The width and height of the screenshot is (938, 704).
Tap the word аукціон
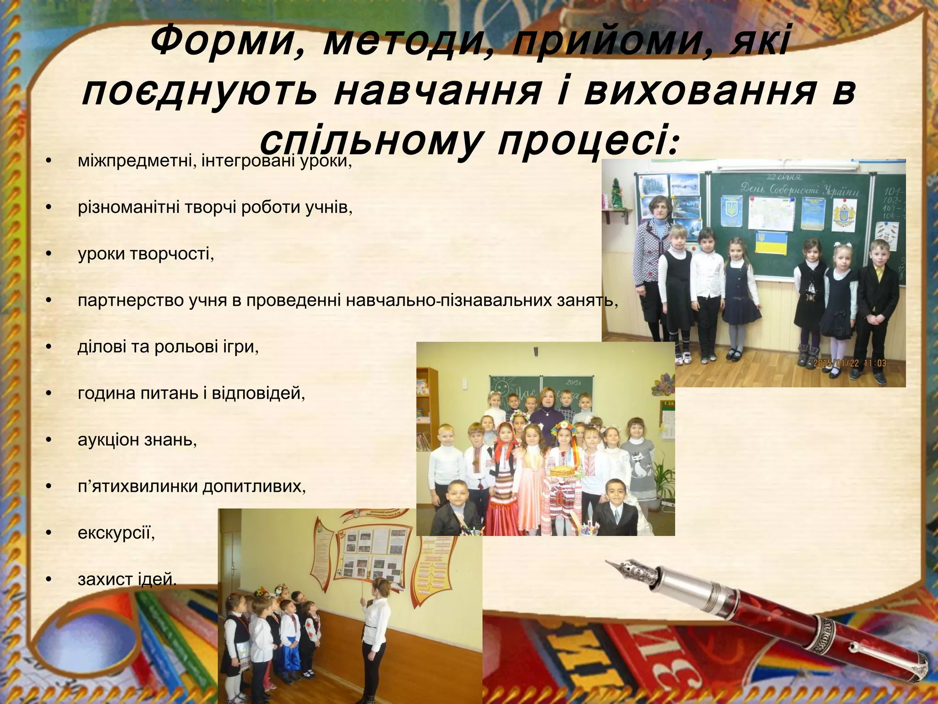click(x=108, y=440)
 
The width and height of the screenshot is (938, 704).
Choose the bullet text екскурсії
click(x=116, y=533)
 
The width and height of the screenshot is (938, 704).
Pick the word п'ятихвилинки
click(x=137, y=486)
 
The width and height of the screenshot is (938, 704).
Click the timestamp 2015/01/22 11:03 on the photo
click(x=850, y=363)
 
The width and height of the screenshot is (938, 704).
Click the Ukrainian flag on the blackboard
click(x=770, y=243)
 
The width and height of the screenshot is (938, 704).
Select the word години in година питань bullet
click(x=106, y=394)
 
